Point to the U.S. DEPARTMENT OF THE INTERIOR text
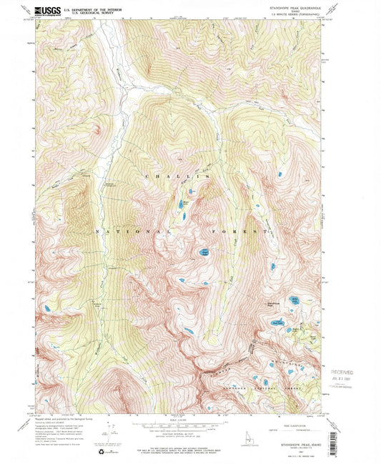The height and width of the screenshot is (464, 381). (89, 9)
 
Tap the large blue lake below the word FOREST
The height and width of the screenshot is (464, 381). (204, 251)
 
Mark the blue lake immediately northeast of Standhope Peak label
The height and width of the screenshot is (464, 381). (293, 301)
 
